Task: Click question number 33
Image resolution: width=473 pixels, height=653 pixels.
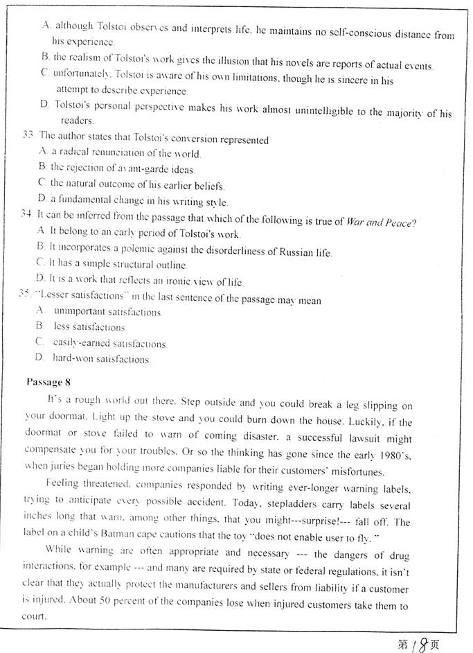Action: pos(29,137)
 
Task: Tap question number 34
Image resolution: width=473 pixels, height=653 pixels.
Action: pos(28,216)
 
